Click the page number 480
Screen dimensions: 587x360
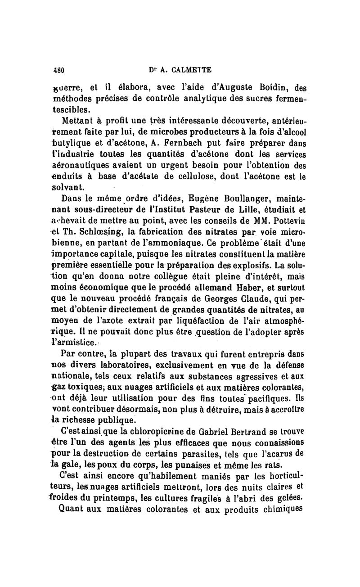click(x=59, y=70)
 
